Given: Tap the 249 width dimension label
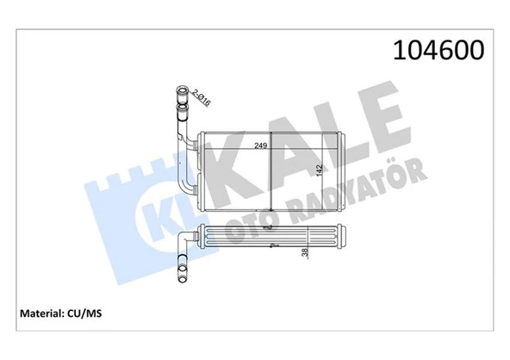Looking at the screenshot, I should pyautogui.click(x=258, y=146).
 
